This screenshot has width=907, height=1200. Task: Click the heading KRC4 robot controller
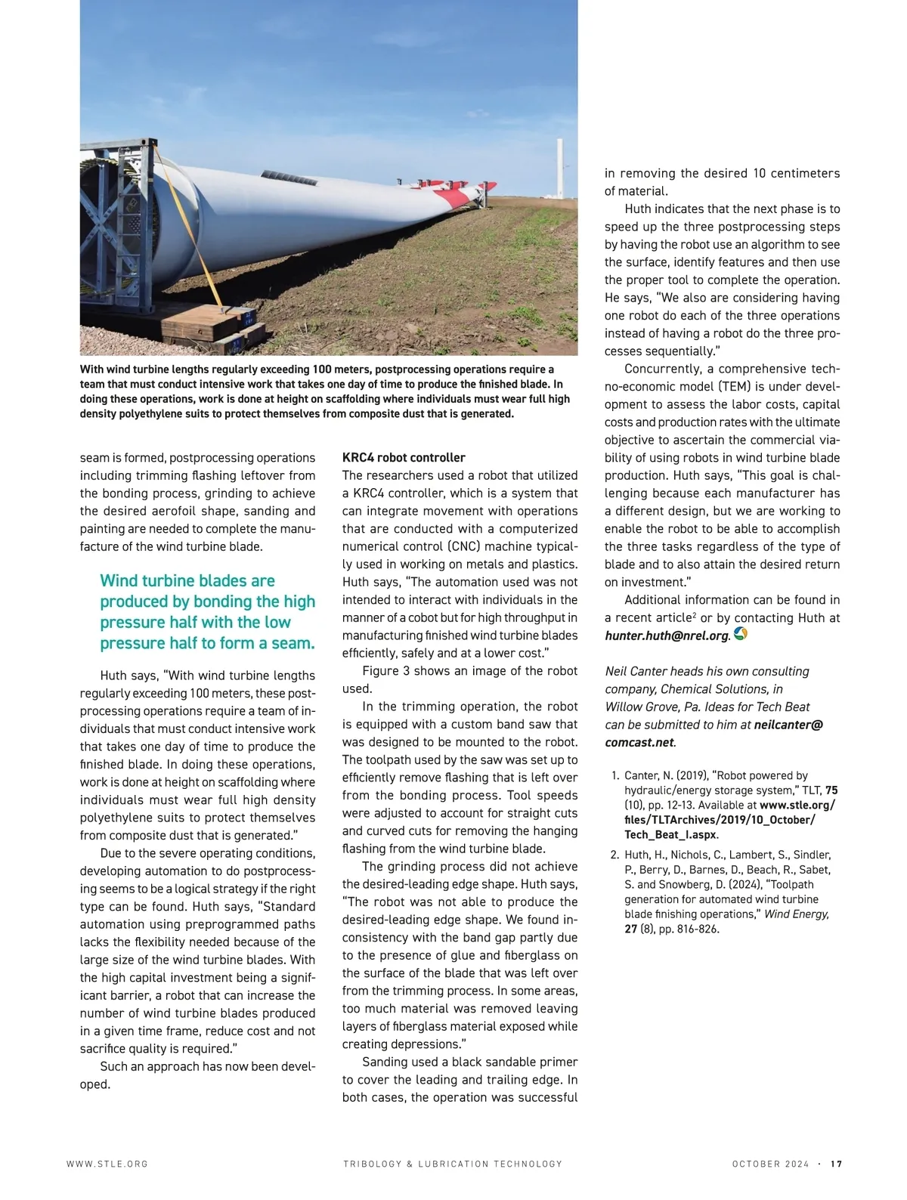tap(404, 457)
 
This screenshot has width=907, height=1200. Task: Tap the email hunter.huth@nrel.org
tap(667, 636)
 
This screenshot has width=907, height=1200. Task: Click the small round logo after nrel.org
tap(741, 634)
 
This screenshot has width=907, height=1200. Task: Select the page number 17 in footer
tap(836, 1164)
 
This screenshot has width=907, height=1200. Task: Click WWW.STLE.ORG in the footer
tap(107, 1164)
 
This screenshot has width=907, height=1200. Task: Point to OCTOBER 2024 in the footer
tap(770, 1164)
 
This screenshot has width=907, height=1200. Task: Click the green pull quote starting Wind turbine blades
tap(207, 612)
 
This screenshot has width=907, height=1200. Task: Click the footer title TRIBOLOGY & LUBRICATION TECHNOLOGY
tap(453, 1164)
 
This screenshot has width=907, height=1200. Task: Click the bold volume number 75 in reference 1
tap(831, 790)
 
